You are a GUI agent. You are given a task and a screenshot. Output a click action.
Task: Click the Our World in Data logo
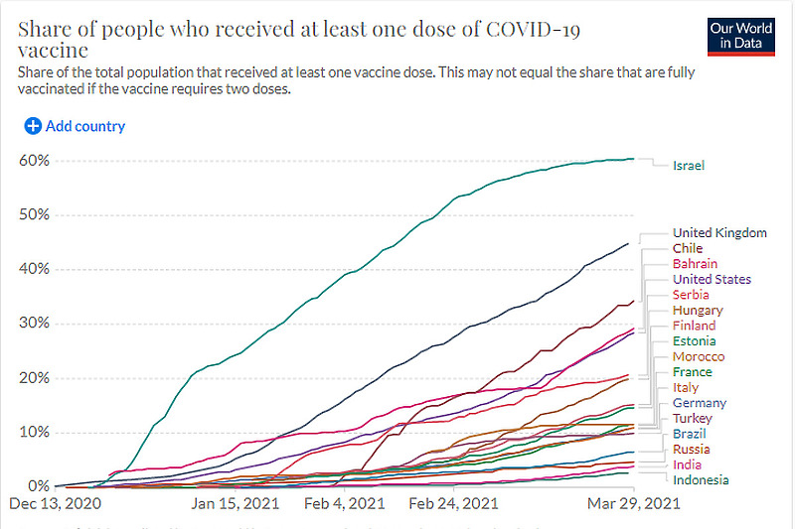[740, 35]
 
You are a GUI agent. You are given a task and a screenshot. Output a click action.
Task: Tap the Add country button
[76, 126]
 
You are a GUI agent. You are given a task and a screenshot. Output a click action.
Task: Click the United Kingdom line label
[719, 233]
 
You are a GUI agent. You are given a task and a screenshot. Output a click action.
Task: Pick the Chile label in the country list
[688, 248]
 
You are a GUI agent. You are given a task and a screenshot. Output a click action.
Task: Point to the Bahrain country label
[695, 264]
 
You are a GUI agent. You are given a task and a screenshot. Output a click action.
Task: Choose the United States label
[712, 280]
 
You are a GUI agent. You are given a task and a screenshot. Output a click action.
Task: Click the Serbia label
[691, 295]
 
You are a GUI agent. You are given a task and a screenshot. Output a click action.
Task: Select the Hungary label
[698, 311]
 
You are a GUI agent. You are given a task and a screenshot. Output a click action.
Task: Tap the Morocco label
[699, 356]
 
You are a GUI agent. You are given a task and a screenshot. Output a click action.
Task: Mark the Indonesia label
[701, 480]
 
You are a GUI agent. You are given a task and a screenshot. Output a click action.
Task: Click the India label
[687, 464]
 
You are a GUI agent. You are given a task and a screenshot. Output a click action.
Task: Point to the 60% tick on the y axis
[34, 161]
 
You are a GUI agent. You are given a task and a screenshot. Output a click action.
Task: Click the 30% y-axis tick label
[34, 324]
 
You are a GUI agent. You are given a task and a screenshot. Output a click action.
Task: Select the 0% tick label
[38, 486]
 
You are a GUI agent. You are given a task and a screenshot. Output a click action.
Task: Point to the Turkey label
[693, 419]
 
